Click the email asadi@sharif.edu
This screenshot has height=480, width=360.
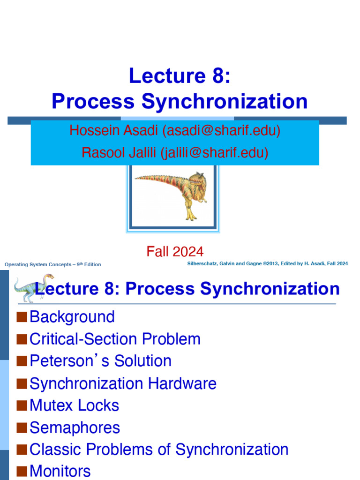(x=221, y=130)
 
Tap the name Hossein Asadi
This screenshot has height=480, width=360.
(x=114, y=130)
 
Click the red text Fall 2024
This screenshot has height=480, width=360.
(x=175, y=252)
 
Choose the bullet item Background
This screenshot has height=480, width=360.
(x=72, y=317)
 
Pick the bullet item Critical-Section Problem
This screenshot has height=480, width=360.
(x=115, y=339)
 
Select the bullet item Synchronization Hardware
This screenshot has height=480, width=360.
(x=123, y=383)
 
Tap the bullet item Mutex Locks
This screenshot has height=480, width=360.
(x=74, y=405)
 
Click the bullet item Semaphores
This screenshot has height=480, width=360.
(x=75, y=427)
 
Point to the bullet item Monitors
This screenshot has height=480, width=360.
(x=60, y=471)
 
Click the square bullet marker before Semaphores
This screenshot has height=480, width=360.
(x=22, y=427)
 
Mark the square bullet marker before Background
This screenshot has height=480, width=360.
(x=22, y=317)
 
